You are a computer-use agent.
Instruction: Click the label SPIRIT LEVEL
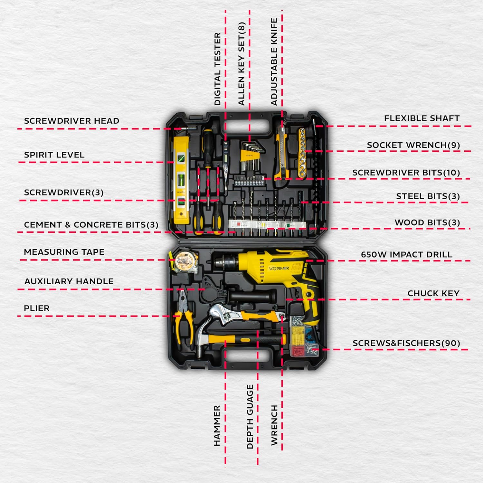tap(54, 155)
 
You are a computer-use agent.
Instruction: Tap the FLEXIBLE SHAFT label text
tap(422, 118)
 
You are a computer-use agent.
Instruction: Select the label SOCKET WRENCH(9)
tap(413, 145)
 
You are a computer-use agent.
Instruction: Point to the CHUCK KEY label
tap(433, 293)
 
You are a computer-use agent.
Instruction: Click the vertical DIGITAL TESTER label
tap(218, 69)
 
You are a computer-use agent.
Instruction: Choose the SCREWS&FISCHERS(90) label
tap(406, 343)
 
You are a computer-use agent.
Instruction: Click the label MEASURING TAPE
tap(64, 252)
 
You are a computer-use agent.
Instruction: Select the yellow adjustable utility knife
tap(280, 153)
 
